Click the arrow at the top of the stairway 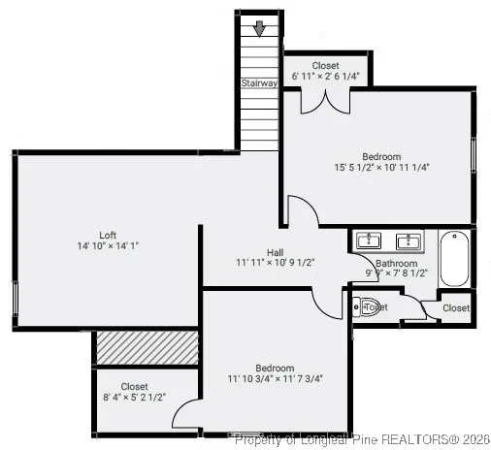(x=259, y=28)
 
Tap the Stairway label (x=259, y=83)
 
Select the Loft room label (x=108, y=235)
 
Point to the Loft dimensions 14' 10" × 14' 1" (x=108, y=246)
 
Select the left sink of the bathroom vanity (x=369, y=240)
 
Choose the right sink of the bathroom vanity (x=407, y=240)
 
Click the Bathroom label (x=398, y=263)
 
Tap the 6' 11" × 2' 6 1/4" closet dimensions (x=326, y=76)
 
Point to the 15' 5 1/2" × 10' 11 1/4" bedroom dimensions (x=381, y=167)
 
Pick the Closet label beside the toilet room (x=456, y=308)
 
